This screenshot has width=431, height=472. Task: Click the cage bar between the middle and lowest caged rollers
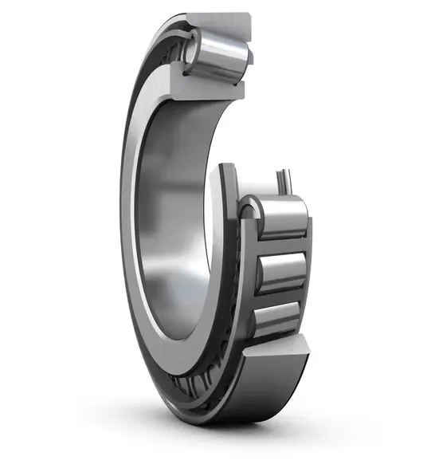pos(279,297)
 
